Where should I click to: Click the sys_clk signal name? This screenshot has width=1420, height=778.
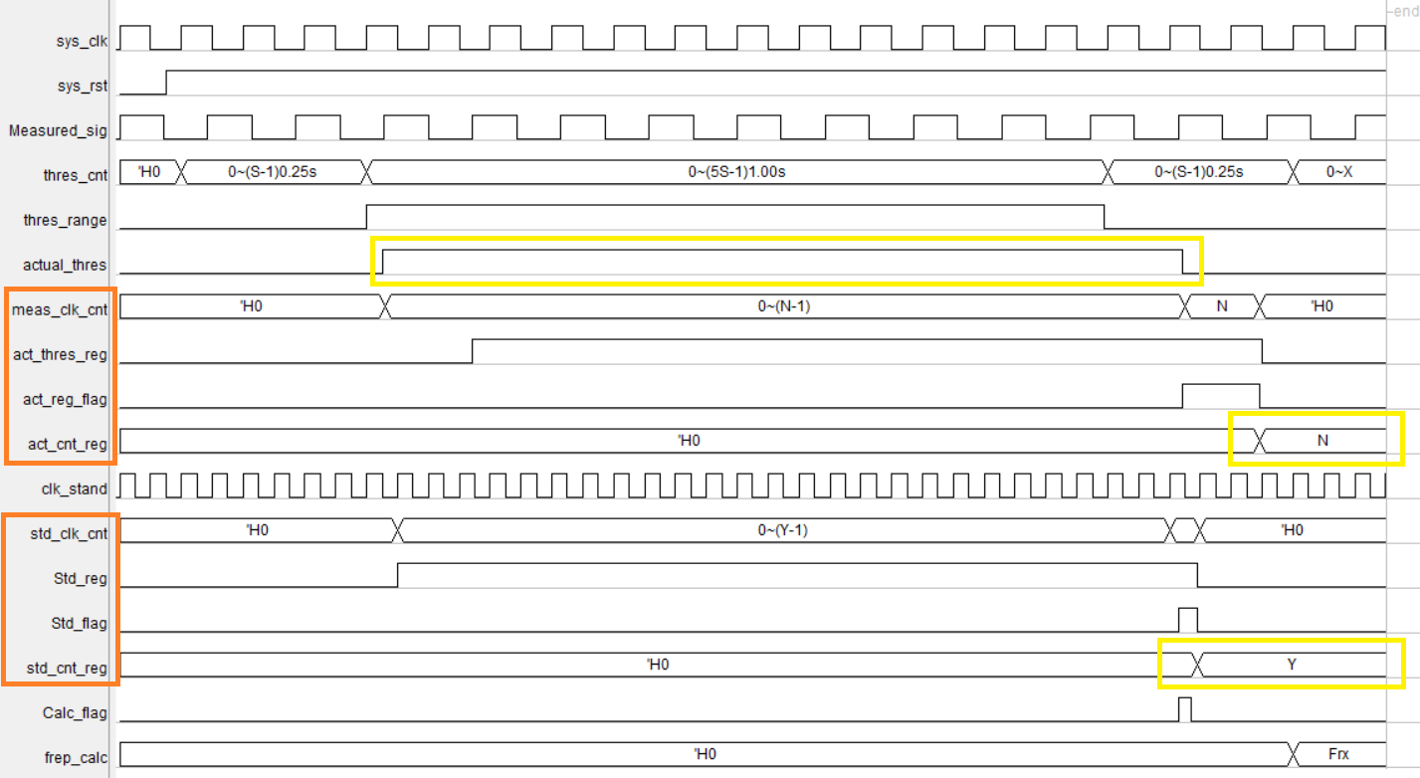coord(83,41)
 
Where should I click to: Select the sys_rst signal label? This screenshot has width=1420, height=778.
coord(82,86)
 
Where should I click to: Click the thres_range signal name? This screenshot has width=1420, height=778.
coord(65,220)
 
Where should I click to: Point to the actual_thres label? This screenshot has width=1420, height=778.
coord(65,265)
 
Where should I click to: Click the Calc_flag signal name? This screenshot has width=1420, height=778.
coord(75,712)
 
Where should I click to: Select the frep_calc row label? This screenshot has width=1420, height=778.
coord(75,757)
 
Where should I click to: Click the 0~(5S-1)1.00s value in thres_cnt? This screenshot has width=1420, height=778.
coord(736,172)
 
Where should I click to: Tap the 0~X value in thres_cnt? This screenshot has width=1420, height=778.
coord(1339,172)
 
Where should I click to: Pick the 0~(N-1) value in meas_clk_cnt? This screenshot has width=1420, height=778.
coord(784,306)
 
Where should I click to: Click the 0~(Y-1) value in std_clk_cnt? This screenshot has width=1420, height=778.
coord(782,530)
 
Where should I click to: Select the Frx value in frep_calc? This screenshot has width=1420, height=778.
coord(1339,754)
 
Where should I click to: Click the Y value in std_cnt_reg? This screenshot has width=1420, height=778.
coord(1292,665)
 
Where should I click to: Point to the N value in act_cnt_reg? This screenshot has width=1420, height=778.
coord(1322,441)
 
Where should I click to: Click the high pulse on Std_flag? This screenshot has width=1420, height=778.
coord(1188,619)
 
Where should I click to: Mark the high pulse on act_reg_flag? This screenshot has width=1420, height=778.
coord(1221,395)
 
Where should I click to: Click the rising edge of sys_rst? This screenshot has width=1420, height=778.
coord(166,83)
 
